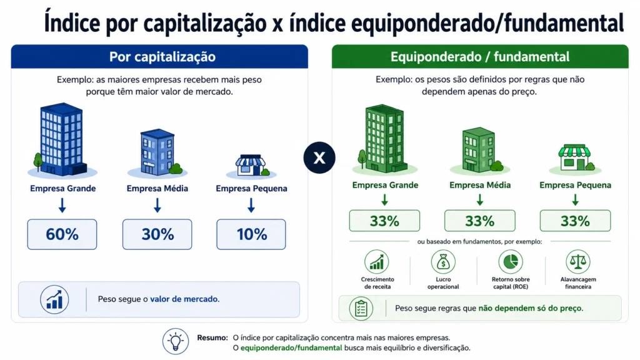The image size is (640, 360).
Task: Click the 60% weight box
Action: coord(62,234)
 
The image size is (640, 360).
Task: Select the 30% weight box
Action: coord(157,234)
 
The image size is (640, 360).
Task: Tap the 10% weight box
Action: coord(251,234)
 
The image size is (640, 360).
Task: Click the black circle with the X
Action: coord(319,157)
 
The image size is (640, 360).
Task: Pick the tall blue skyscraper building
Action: coord(62,139)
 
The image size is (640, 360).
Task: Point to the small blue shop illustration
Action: coord(251,165)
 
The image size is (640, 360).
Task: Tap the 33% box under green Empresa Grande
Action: coord(384,221)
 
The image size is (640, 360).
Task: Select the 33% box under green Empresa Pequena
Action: coord(575,221)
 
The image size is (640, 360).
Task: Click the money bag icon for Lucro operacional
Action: coord(443,262)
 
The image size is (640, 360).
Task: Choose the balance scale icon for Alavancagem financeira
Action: coord(578,262)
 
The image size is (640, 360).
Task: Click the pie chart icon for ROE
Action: coord(511,262)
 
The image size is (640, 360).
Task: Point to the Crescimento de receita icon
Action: coord(377,262)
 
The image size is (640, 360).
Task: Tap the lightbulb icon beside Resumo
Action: coord(176,341)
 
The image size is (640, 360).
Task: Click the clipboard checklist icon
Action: coord(361,308)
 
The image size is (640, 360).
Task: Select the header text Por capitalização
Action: coord(162,57)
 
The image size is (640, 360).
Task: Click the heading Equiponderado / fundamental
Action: coord(480,57)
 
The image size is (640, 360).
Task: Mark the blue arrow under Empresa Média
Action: coord(157,205)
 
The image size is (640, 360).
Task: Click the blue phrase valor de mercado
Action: coord(184,299)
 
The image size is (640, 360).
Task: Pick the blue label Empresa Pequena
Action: coord(251,189)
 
